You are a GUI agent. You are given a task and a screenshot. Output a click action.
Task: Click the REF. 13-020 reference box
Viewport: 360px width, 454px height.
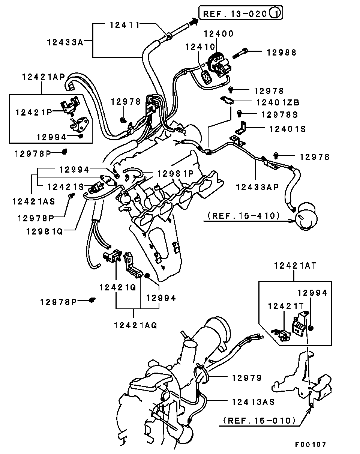pyautogui.click(x=241, y=13)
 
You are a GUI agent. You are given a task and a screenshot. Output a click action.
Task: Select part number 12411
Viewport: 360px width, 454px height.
pyautogui.click(x=124, y=25)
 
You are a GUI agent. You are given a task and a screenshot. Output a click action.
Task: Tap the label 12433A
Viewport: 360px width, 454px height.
pyautogui.click(x=65, y=42)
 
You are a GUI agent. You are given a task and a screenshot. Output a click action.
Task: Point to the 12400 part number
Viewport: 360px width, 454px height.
pyautogui.click(x=219, y=34)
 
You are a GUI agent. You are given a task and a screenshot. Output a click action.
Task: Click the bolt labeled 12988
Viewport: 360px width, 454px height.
pyautogui.click(x=240, y=53)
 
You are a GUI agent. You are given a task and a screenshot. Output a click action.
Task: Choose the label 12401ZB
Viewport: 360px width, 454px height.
pyautogui.click(x=278, y=102)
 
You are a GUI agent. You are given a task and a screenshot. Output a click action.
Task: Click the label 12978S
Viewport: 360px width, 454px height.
pyautogui.click(x=279, y=115)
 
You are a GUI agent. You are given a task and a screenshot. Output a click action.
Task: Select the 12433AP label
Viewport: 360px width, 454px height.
pyautogui.click(x=257, y=187)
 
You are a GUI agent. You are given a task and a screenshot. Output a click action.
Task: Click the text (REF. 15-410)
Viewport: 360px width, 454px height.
pyautogui.click(x=244, y=216)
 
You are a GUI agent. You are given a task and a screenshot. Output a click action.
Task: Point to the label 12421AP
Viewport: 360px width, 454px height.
pyautogui.click(x=43, y=77)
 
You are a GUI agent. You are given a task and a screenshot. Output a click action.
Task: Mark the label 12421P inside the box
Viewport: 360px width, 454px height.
pyautogui.click(x=34, y=113)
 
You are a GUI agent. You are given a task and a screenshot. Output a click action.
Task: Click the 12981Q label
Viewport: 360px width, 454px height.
pyautogui.click(x=45, y=232)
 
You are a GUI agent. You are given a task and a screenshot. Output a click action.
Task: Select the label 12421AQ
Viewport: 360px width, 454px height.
pyautogui.click(x=136, y=326)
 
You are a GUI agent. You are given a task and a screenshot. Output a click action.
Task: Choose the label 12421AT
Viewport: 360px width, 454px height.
pyautogui.click(x=295, y=266)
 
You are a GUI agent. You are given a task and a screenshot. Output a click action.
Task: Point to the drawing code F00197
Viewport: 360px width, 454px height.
pyautogui.click(x=310, y=445)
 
